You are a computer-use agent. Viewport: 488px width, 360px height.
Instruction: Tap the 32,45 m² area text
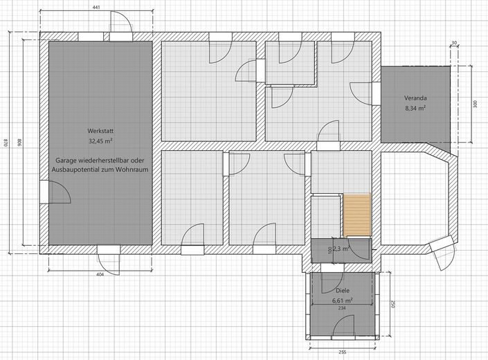click(x=100, y=141)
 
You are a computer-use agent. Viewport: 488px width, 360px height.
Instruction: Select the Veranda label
click(x=415, y=98)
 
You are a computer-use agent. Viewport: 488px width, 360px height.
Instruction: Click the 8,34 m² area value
click(x=415, y=108)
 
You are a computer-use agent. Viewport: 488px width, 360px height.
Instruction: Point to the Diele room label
click(x=343, y=291)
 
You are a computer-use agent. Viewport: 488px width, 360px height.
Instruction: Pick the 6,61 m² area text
click(x=343, y=300)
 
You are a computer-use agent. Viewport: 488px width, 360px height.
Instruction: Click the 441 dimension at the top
click(x=96, y=7)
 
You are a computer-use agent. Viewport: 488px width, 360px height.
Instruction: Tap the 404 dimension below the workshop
click(x=100, y=274)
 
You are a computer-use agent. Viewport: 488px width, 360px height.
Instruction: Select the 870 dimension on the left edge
click(x=6, y=143)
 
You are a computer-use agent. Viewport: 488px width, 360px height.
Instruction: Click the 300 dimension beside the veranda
click(x=475, y=105)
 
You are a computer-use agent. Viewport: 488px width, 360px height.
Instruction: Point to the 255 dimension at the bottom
click(x=342, y=352)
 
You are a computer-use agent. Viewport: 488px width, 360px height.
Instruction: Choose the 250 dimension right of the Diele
click(x=392, y=304)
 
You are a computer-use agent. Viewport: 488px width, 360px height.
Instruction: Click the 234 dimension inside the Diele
click(x=342, y=308)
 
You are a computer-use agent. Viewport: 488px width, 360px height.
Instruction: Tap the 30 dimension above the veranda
click(x=454, y=43)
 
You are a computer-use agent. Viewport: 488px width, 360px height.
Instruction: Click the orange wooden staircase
click(x=357, y=215)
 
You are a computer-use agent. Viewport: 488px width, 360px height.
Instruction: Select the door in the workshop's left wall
click(x=55, y=192)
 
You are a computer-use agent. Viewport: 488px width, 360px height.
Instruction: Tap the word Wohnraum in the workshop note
click(x=132, y=170)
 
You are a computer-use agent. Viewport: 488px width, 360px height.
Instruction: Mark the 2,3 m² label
click(x=342, y=249)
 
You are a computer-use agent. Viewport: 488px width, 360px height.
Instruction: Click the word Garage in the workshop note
click(x=66, y=161)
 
